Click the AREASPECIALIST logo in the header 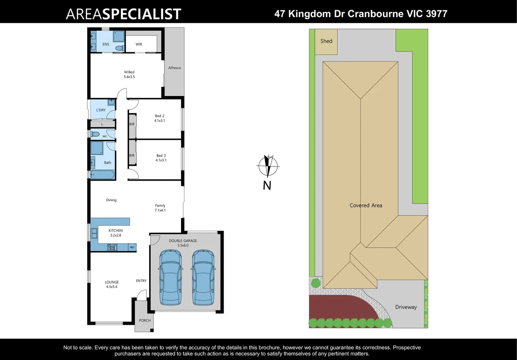tap(123, 14)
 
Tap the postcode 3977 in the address tap(436, 14)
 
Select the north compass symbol tap(268, 166)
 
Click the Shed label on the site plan tap(326, 41)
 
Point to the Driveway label tap(406, 307)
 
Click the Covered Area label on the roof tap(366, 205)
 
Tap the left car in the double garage tap(170, 277)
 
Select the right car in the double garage tap(203, 277)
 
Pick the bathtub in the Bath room tap(102, 175)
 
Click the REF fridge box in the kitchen tap(132, 247)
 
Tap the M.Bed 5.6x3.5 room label tap(129, 74)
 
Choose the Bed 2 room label tap(159, 118)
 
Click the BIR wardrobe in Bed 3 tap(132, 155)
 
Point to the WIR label tap(139, 44)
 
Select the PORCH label tap(145, 320)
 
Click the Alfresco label tap(174, 68)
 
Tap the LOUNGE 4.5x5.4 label tap(112, 284)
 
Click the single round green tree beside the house tap(316, 283)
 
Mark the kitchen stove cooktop tap(112, 247)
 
